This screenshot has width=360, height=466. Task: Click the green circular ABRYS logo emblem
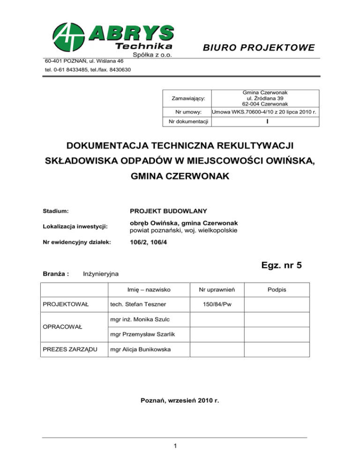click(x=67, y=38)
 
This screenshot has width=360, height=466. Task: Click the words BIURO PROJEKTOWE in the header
click(x=259, y=48)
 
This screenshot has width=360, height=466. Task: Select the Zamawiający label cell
click(x=188, y=99)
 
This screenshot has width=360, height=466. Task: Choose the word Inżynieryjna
click(x=101, y=273)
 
